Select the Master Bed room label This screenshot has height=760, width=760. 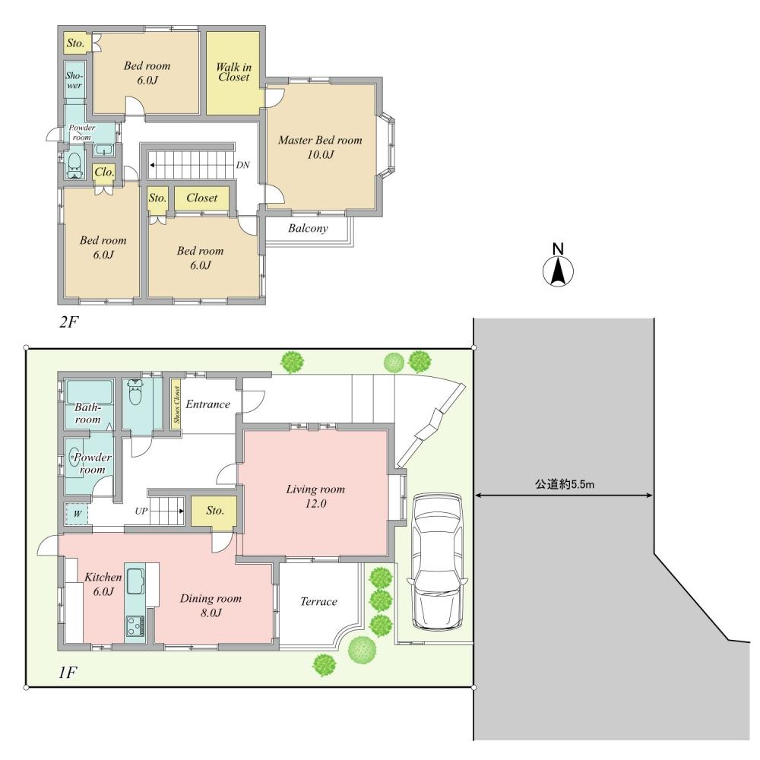point(319,147)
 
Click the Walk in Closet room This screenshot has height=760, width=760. point(233,72)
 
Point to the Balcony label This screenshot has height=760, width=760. point(308,228)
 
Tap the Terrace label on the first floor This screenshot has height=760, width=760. point(318,602)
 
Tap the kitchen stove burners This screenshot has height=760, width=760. point(135,626)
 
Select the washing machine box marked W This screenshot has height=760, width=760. point(77,514)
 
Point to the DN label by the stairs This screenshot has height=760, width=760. point(242,165)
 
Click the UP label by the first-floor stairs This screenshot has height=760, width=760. point(141,511)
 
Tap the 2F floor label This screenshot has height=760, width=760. point(68,322)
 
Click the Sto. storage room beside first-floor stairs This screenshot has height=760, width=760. point(214,511)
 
